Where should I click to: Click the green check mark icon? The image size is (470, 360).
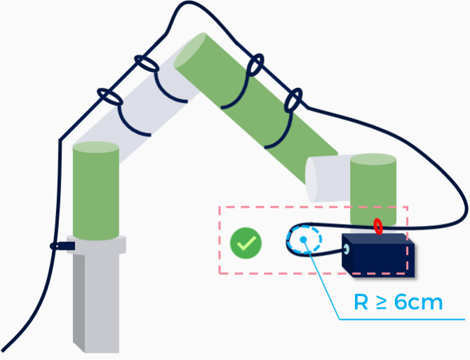click(246, 243)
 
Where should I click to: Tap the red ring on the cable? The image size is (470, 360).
click(378, 227)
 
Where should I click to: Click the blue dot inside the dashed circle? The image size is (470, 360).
click(304, 240)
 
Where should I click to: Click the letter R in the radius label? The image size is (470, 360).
click(361, 302)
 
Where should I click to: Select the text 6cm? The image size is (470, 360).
click(419, 302)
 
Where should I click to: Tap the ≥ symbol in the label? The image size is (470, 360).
click(383, 303)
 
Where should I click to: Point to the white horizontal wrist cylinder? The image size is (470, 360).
click(328, 180)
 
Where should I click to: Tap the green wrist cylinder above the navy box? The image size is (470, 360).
click(373, 186)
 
